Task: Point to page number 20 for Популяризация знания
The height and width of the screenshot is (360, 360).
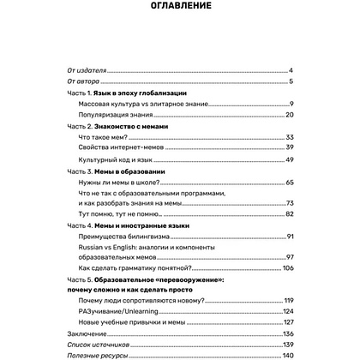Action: tap(289, 114)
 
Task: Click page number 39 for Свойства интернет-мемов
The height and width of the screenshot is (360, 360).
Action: tap(289, 147)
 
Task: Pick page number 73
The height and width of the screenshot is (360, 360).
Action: tap(289, 202)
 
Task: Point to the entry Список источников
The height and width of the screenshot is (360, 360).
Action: tap(95, 344)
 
